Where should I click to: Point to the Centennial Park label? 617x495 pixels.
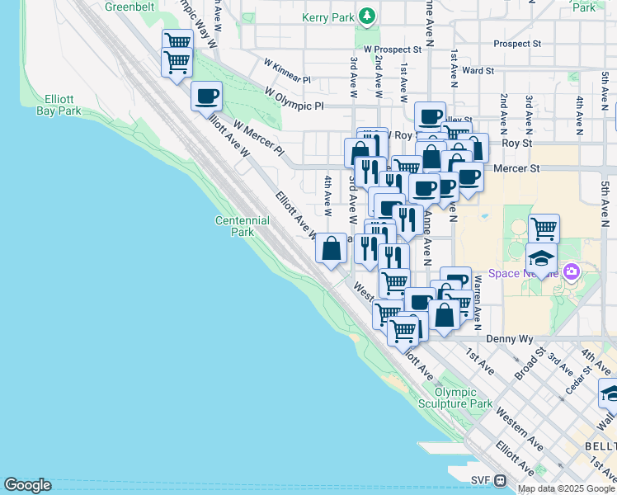pyautogui.click(x=242, y=226)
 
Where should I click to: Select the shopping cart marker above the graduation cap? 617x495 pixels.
pyautogui.click(x=544, y=228)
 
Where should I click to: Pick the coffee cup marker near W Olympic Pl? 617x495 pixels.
pyautogui.click(x=207, y=96)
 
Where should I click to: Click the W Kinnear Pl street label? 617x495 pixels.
pyautogui.click(x=286, y=71)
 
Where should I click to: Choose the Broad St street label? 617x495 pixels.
pyautogui.click(x=529, y=360)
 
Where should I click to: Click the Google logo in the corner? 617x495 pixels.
pyautogui.click(x=27, y=485)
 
